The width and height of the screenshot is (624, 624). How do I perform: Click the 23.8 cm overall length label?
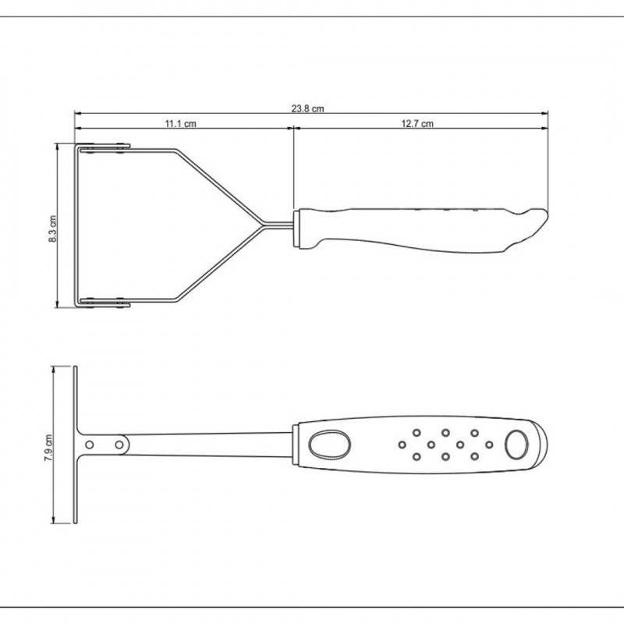coord(307,109)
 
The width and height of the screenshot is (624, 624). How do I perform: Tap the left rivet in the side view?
coord(91,444)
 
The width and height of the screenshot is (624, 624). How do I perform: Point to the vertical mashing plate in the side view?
coord(76,445)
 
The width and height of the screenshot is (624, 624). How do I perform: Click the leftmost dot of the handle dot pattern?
coord(402,445)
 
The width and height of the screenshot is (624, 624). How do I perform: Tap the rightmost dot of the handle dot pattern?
coord(489,445)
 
